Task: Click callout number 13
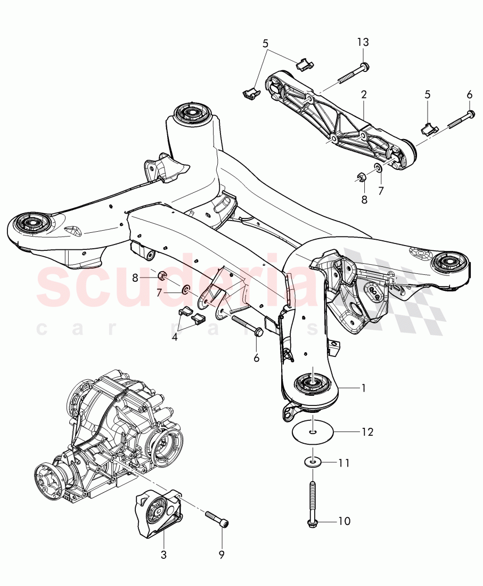pos(363,42)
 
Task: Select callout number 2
pos(364,95)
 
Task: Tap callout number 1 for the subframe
pos(363,388)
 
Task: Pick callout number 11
pos(344,463)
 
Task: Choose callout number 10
pos(344,520)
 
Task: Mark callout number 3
pos(163,555)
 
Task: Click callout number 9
pos(220,555)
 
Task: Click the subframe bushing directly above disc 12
pos(312,382)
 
